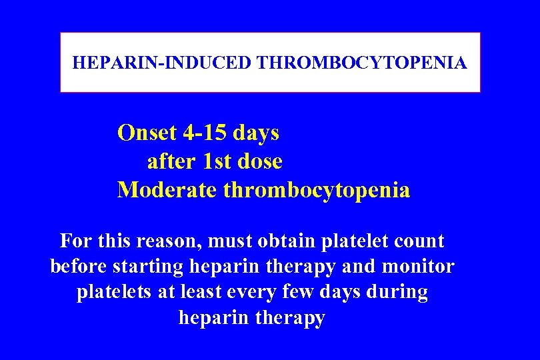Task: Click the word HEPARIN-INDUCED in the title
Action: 162,63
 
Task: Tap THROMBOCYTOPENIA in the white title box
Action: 362,63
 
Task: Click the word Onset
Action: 147,133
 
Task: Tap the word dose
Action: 259,162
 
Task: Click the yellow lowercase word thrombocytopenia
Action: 317,191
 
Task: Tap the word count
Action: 420,241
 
